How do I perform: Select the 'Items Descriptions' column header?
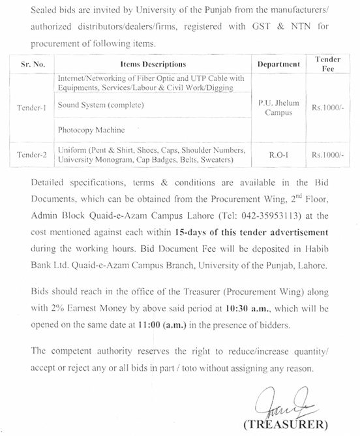coord(153,65)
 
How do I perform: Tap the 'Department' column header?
coord(278,65)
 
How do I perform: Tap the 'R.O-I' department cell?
coord(278,155)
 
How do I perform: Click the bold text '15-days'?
coord(194,232)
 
